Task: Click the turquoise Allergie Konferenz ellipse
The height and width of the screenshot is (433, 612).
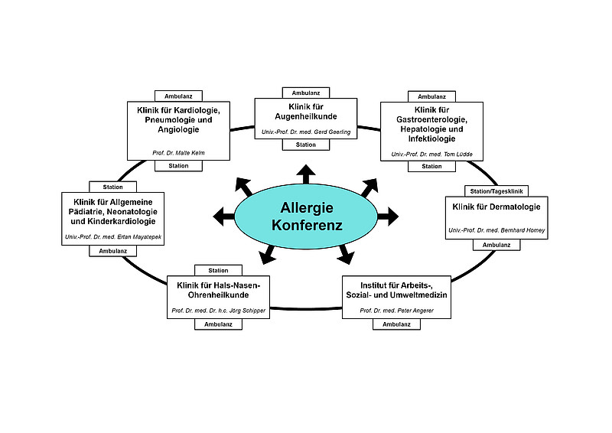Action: [306, 216]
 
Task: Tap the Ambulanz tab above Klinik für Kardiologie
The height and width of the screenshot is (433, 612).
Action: [179, 96]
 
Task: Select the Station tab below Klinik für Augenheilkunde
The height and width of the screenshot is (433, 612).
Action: [306, 145]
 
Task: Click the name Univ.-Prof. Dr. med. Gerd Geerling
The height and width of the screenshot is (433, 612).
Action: [306, 132]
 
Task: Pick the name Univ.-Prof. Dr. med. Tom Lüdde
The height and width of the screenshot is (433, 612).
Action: [431, 154]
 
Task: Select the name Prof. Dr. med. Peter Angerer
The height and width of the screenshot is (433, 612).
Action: [396, 311]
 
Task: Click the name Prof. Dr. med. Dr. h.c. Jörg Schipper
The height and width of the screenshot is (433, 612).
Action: [219, 311]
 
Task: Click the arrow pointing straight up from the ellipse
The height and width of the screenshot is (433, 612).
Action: [306, 174]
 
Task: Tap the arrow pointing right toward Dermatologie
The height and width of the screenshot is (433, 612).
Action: [388, 216]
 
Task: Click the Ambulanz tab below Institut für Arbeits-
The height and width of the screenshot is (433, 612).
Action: [396, 324]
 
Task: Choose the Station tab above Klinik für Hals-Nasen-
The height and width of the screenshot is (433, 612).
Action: [218, 270]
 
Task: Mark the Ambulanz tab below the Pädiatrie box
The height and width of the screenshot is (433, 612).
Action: [113, 251]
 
